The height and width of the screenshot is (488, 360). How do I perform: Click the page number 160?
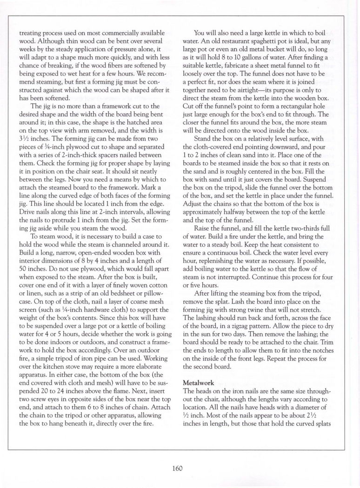click(180, 467)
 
